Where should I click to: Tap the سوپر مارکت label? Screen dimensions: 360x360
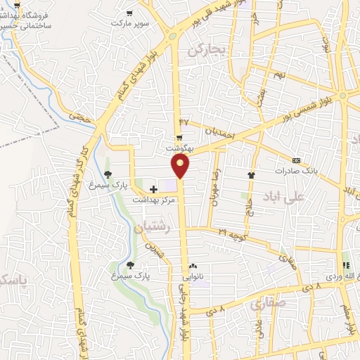129,22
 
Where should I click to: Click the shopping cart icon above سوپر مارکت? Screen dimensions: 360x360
129,12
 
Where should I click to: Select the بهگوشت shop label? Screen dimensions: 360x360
179,148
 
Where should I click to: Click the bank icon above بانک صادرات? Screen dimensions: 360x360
296,160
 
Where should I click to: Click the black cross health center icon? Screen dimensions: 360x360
153,188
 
